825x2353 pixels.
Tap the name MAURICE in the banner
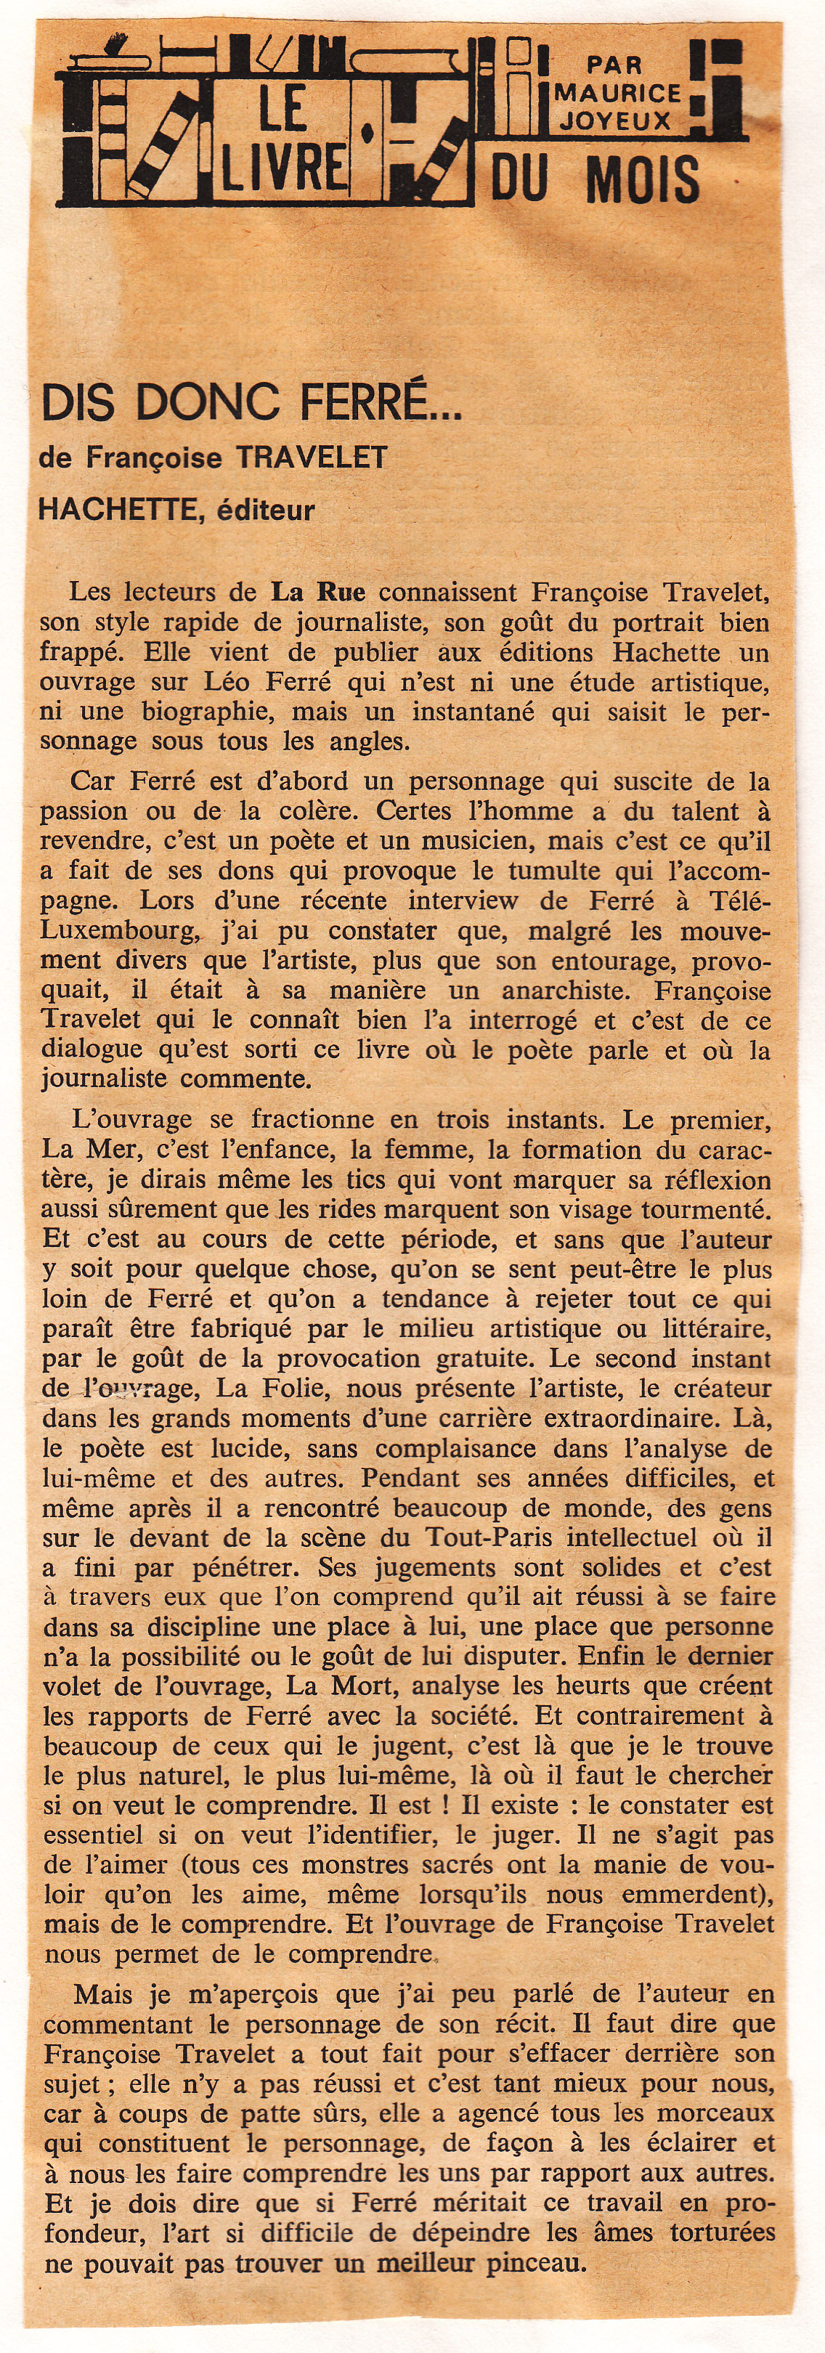[617, 92]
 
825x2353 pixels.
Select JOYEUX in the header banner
[616, 120]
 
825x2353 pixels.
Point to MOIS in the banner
[643, 179]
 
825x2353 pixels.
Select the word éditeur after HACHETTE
[266, 510]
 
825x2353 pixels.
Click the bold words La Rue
[317, 592]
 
